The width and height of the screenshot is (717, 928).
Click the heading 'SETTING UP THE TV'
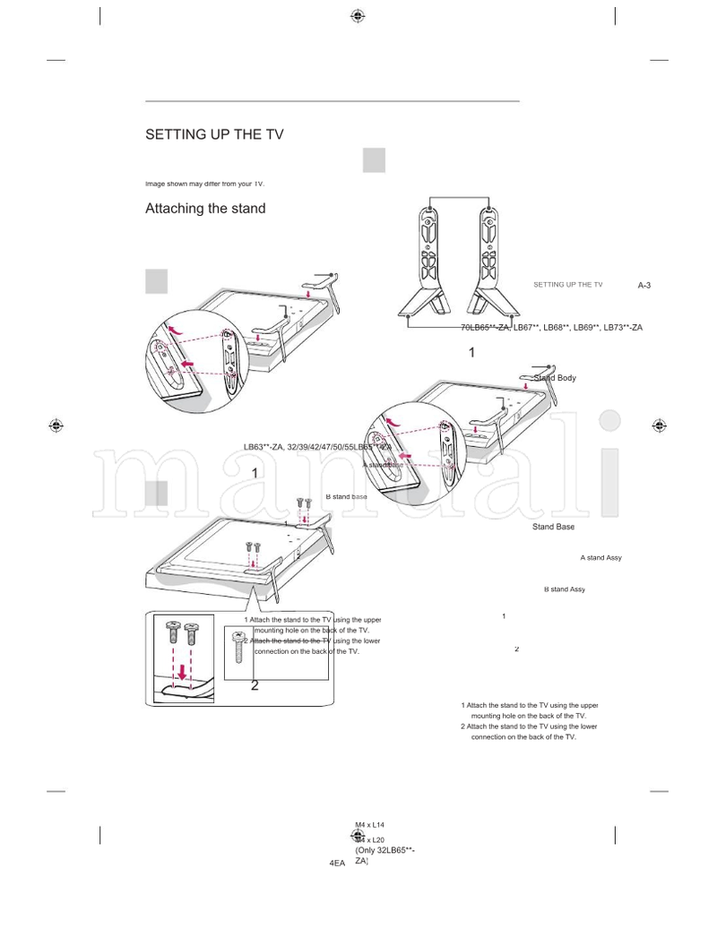tap(214, 134)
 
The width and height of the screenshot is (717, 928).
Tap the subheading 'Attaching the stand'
tap(205, 209)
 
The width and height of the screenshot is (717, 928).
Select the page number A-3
tap(644, 285)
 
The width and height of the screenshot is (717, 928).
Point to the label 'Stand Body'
tap(555, 378)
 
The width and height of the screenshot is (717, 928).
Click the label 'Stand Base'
tap(553, 527)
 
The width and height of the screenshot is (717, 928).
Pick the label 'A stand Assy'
tap(600, 558)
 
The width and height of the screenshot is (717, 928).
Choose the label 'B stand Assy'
tap(564, 589)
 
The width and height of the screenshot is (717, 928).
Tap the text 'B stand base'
tap(346, 496)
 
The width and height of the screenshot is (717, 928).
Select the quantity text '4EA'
tap(337, 863)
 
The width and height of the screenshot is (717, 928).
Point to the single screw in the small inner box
tap(239, 646)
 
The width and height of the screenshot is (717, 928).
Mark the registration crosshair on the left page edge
tap(56, 425)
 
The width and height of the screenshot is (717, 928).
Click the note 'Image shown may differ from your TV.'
tap(204, 184)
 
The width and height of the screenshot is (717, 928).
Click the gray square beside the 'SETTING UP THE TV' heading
tap(374, 160)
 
